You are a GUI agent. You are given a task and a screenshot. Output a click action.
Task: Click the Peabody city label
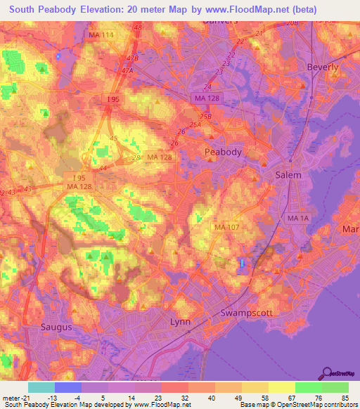[223, 152]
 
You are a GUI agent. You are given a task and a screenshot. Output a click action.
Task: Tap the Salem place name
[288, 175]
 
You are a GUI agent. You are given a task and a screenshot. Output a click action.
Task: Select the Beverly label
[323, 67]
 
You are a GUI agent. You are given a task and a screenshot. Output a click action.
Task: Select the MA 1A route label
[298, 219]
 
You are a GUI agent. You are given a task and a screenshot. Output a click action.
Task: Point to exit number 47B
[131, 59]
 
